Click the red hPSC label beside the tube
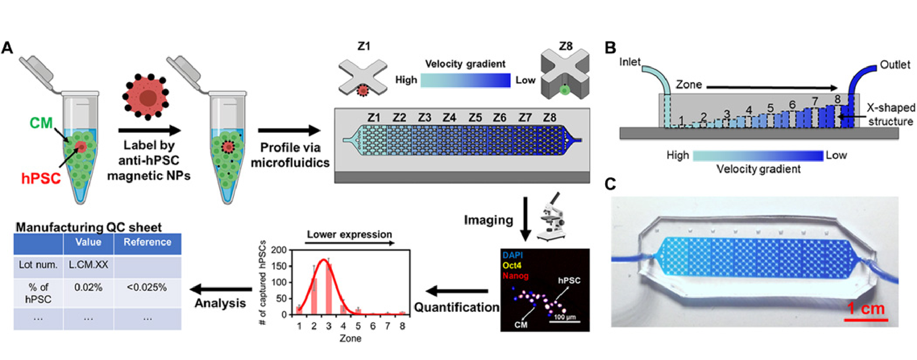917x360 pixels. click(41, 179)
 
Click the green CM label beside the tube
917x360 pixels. click(41, 123)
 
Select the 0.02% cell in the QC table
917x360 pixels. click(88, 287)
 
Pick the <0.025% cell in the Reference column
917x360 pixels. click(147, 287)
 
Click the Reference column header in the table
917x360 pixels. click(147, 242)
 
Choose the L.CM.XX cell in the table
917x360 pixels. click(88, 265)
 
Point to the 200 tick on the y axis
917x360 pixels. click(279, 250)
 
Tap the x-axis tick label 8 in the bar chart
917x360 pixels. click(402, 326)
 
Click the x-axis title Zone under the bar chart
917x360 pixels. click(350, 338)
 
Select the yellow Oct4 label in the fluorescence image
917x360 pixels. click(512, 265)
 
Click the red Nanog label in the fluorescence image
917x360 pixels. click(515, 276)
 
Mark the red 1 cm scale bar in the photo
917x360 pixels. click(866, 320)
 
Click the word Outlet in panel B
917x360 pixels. click(895, 65)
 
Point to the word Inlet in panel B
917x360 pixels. click(630, 62)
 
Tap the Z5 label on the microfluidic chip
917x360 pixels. click(475, 118)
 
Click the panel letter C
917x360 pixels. click(610, 184)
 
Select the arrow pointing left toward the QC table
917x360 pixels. click(221, 289)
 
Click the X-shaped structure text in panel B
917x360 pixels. click(891, 114)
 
